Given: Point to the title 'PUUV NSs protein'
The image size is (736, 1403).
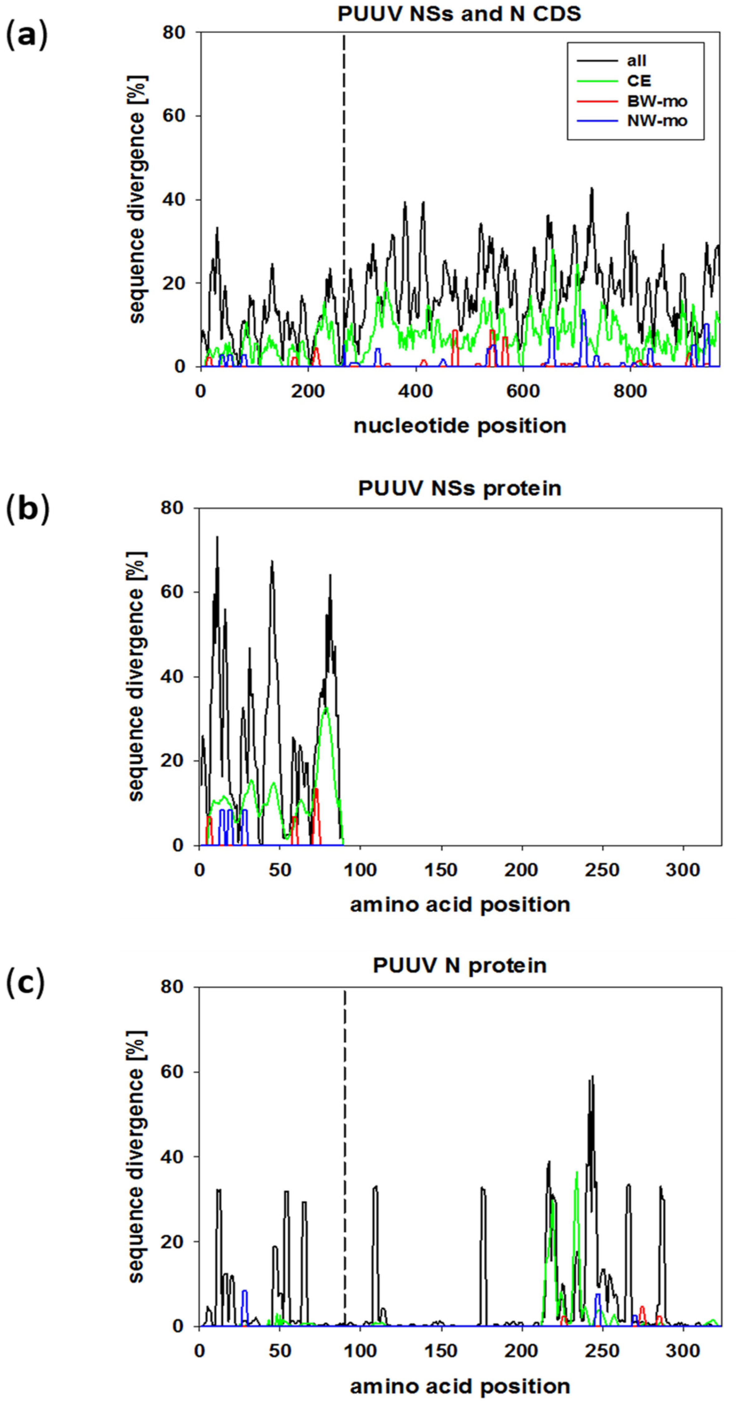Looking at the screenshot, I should tap(459, 488).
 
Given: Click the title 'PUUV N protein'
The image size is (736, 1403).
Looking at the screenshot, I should tap(459, 966).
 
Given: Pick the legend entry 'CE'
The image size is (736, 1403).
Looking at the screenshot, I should tap(639, 81).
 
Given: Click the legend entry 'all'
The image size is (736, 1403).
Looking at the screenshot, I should tap(636, 61).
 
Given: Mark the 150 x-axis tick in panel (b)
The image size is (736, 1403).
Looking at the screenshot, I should tap(441, 870).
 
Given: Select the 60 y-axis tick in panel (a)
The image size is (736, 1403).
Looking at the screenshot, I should tap(174, 116).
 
